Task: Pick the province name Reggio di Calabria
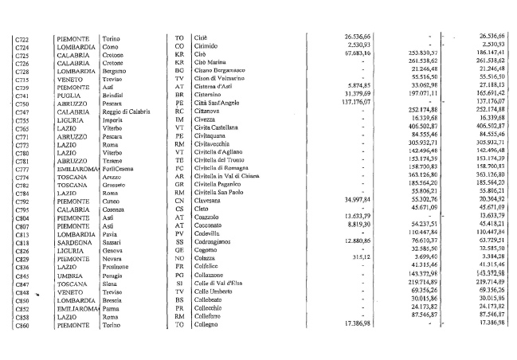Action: click(x=129, y=112)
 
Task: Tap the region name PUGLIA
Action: click(x=71, y=96)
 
